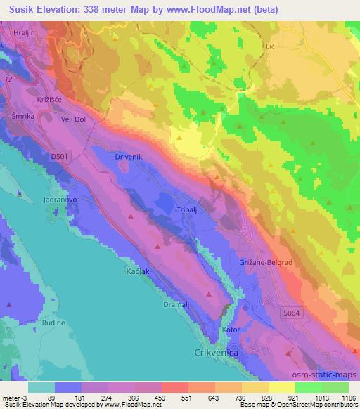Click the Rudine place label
pos(53,323)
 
